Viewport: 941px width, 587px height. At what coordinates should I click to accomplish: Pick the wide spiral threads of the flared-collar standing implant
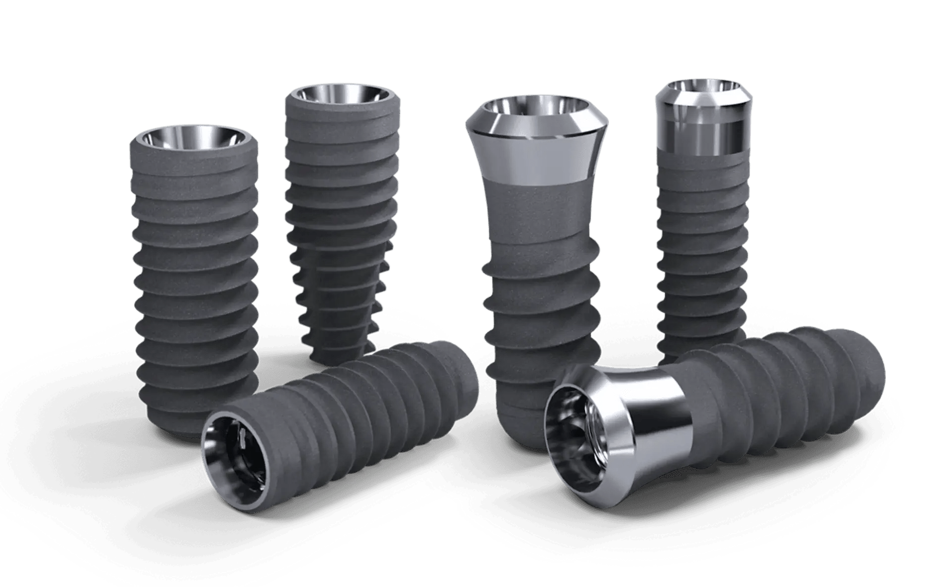(540, 307)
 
